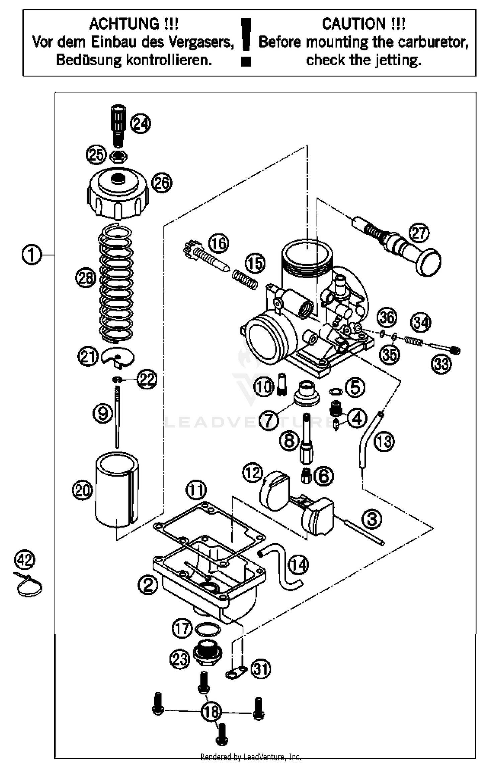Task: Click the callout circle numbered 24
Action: coord(141,124)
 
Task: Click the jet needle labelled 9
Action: coord(117,418)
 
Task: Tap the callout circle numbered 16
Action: coord(219,244)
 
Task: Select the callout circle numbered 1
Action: coord(32,255)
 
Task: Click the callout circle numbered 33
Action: coord(441,364)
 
